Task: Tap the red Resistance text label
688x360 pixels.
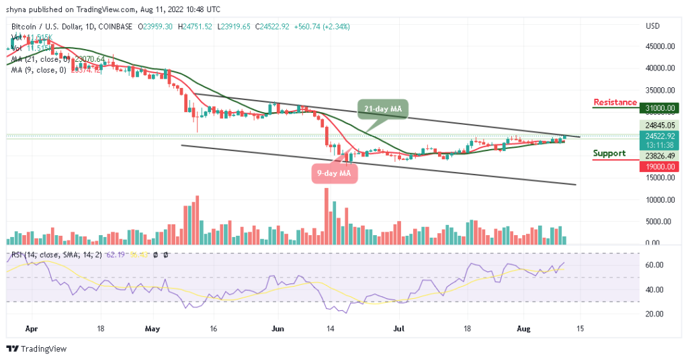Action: click(x=615, y=102)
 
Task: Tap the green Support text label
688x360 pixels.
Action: click(x=609, y=153)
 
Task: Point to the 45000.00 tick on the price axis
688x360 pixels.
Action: click(x=659, y=46)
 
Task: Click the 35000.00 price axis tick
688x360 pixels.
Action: click(x=659, y=90)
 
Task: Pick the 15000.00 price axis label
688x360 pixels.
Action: click(x=659, y=177)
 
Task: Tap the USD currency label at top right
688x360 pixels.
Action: click(x=652, y=26)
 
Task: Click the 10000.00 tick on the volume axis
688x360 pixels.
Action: click(x=659, y=199)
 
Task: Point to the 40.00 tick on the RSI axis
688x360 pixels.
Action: click(x=654, y=289)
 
